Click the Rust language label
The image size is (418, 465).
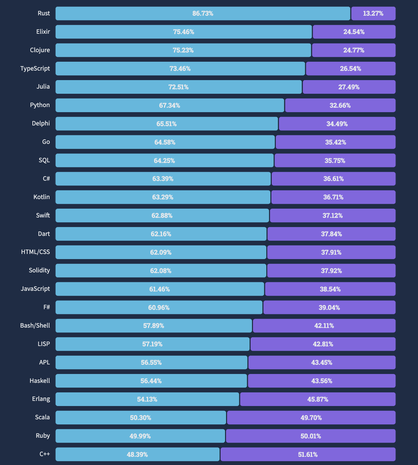44,13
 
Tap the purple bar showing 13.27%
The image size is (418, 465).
373,14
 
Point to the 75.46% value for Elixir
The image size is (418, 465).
183,32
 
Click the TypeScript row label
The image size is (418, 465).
35,69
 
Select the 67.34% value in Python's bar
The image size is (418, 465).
169,106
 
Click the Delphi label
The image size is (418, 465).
41,123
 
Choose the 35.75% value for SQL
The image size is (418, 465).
335,161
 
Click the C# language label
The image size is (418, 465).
46,179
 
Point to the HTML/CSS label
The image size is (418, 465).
35,252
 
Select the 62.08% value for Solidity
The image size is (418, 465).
161,271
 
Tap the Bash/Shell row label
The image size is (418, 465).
35,326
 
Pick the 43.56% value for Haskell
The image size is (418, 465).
322,381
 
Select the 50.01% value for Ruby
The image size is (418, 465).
311,436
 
